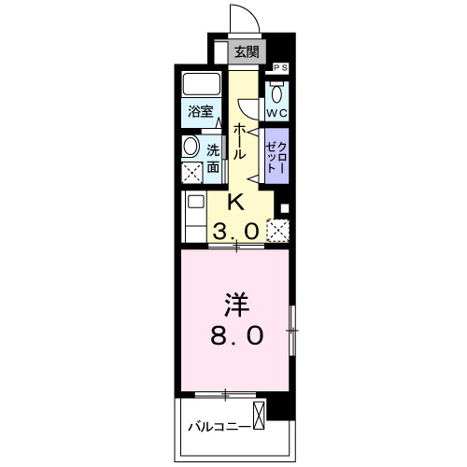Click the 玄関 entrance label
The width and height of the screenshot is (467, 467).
coord(247,52)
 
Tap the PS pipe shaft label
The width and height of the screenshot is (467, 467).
coord(279,68)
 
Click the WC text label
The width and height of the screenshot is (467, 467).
coord(277,114)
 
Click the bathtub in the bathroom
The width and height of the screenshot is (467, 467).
coord(200,85)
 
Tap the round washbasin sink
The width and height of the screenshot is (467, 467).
coord(191,147)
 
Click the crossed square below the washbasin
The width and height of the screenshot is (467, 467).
coord(191,172)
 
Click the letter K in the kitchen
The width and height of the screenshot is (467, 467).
coord(237,202)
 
